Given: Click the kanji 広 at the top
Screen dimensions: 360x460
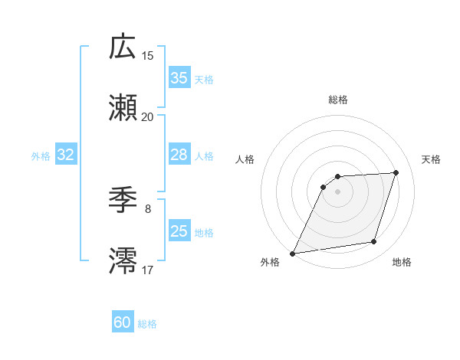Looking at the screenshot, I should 123,47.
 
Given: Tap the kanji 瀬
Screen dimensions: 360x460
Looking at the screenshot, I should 123,109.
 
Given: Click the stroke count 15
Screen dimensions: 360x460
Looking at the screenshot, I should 148,55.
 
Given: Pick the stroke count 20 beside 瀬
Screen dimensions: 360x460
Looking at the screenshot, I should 148,116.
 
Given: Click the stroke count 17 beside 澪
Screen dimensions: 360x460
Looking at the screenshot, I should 148,270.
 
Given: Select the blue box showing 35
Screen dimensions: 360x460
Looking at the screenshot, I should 179,78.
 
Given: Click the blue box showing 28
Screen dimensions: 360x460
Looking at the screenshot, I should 179,155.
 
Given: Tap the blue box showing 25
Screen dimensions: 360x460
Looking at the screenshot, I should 179,231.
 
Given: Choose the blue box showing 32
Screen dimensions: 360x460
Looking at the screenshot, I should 66,155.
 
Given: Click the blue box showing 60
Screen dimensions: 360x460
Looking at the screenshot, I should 123,323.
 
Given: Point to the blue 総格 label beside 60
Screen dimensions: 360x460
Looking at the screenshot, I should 147,325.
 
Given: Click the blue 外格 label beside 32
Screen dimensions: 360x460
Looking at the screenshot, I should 41,156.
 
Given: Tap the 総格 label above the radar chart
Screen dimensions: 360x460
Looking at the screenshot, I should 338,100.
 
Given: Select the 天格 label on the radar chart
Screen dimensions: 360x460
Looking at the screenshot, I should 432,159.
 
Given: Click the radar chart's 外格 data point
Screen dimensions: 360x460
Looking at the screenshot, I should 293,254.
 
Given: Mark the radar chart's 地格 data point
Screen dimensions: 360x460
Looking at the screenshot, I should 374,242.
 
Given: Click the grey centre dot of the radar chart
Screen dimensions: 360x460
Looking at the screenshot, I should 338,191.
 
